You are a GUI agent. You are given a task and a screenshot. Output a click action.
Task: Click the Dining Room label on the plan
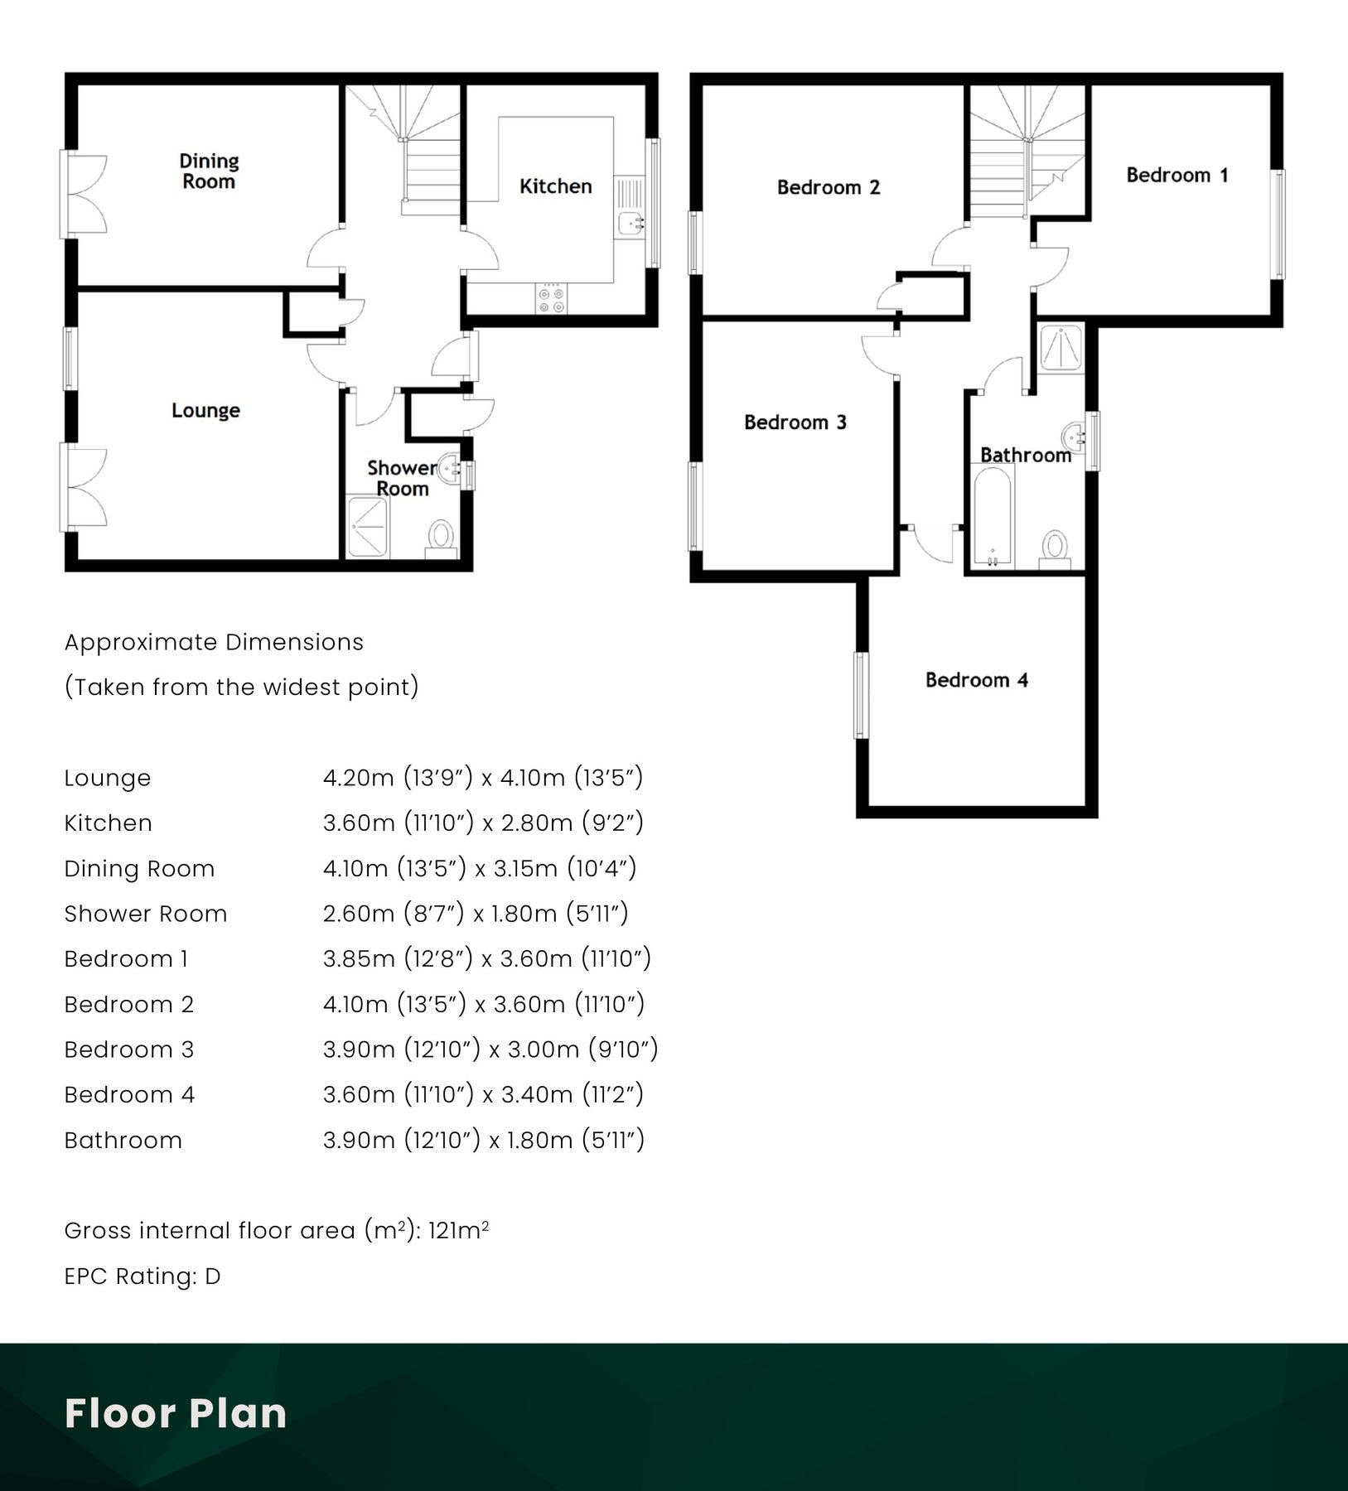click(209, 171)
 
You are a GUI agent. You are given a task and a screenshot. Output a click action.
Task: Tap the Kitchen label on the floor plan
click(555, 186)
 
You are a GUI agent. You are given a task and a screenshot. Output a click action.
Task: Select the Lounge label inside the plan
click(205, 411)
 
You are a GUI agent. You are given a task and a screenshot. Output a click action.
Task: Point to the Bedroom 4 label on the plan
click(976, 680)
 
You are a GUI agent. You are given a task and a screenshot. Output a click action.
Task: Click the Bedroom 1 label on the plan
click(1176, 175)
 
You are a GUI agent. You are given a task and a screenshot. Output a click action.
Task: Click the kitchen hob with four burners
click(551, 299)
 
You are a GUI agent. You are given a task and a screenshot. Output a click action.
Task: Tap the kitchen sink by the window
click(631, 222)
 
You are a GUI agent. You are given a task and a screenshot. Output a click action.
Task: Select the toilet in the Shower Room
click(442, 538)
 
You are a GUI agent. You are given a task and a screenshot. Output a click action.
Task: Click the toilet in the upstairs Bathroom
click(1055, 548)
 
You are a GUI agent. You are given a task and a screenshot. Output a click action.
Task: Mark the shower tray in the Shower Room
click(368, 527)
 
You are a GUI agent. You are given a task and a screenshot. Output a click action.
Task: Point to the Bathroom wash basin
click(1075, 434)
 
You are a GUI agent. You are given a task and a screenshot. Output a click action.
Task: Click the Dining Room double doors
click(83, 195)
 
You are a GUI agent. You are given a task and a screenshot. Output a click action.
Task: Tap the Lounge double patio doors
click(83, 489)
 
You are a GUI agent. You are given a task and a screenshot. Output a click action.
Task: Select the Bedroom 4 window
click(862, 695)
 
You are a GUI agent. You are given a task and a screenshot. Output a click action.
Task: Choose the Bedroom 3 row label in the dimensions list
click(129, 1049)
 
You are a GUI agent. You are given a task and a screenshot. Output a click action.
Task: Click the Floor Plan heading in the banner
click(176, 1413)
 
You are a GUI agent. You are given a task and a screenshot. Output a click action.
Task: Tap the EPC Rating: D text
click(143, 1276)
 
